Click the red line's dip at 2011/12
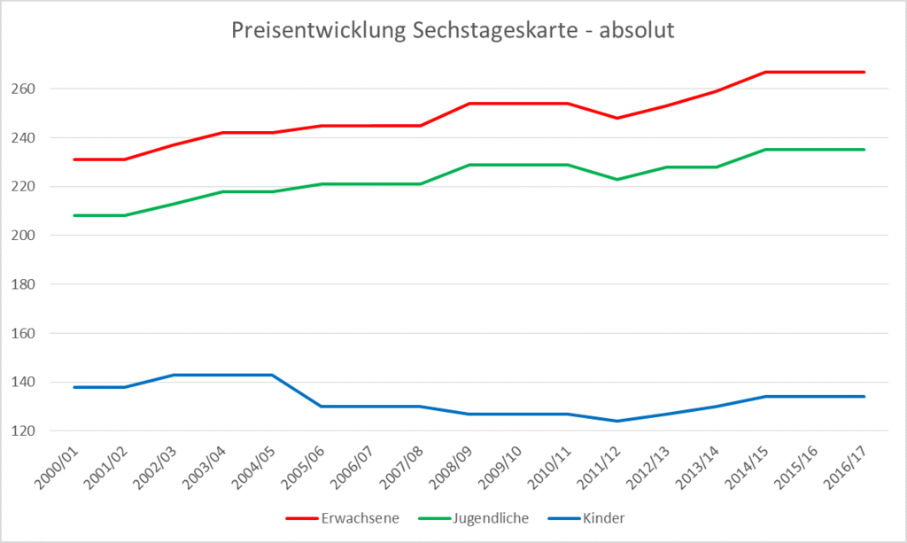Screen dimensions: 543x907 click(x=616, y=118)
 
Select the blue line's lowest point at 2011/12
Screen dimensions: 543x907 click(x=616, y=421)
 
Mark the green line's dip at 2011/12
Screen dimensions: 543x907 click(x=616, y=179)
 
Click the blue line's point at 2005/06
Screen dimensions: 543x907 click(x=322, y=407)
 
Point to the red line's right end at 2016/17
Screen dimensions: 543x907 click(x=864, y=72)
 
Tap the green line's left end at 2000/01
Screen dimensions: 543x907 click(x=75, y=215)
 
